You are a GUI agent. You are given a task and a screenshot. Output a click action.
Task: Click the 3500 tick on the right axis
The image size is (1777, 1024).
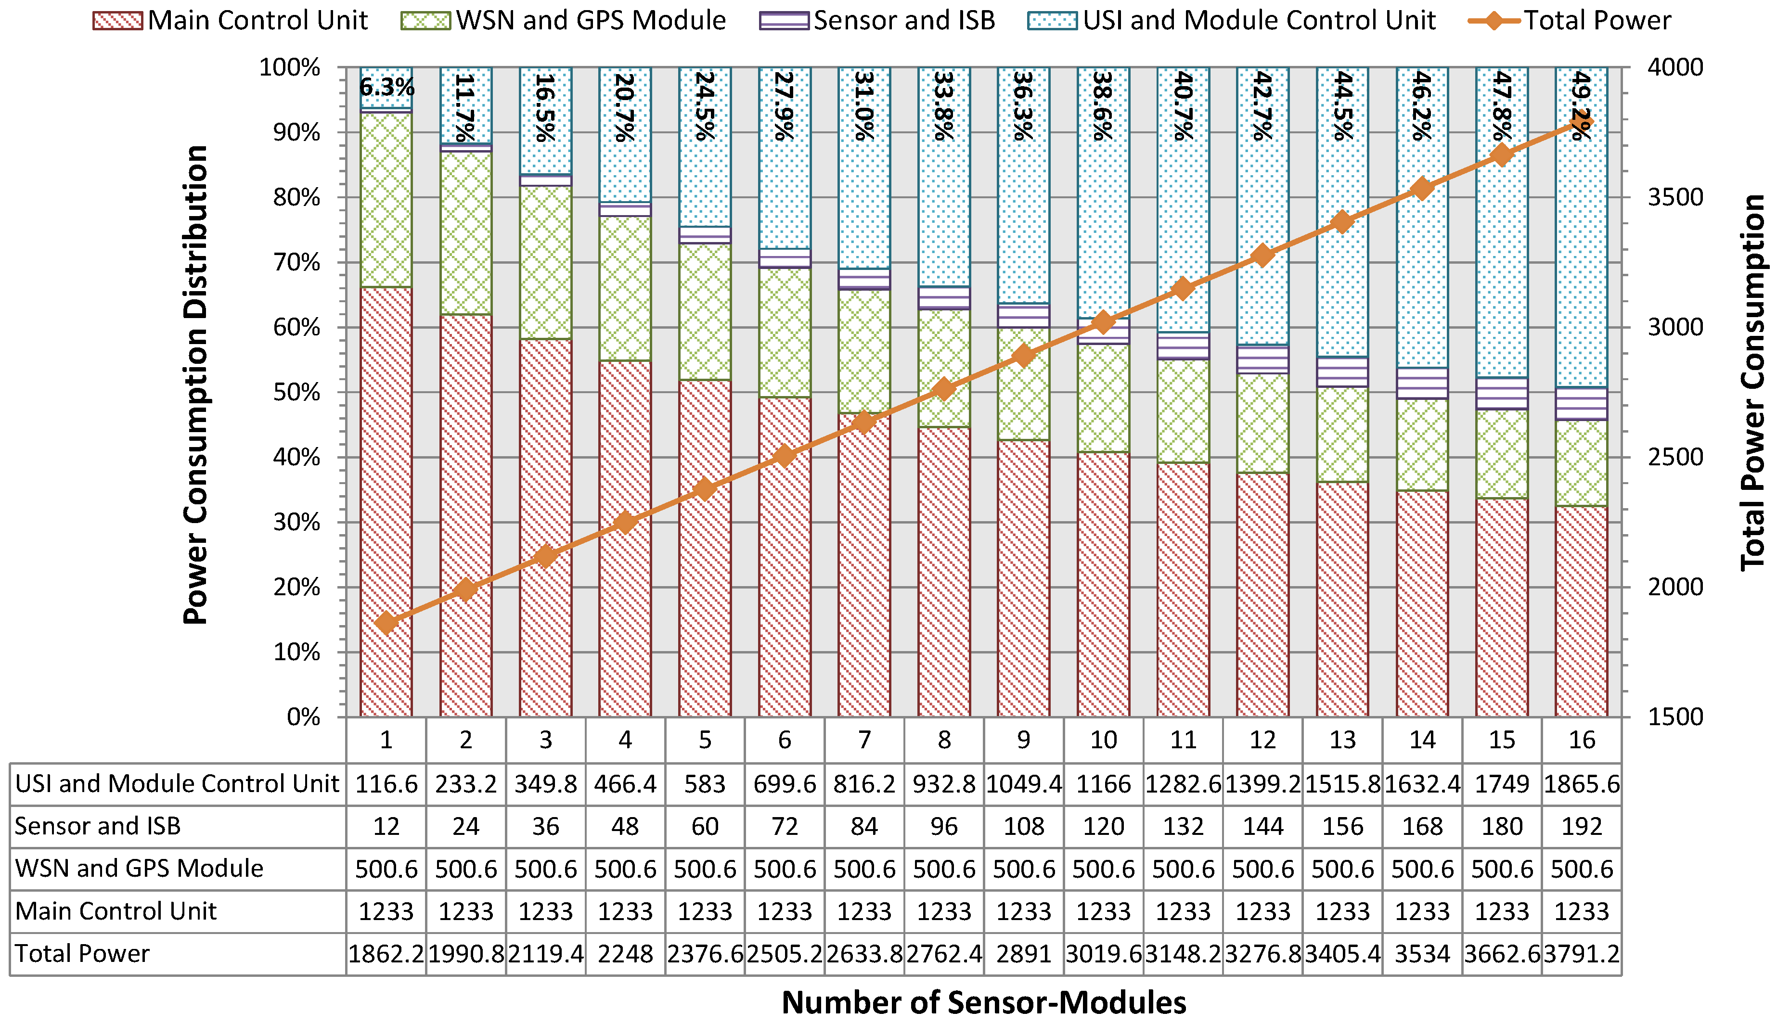(1675, 198)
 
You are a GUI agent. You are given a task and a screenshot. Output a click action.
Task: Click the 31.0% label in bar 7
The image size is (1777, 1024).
(864, 105)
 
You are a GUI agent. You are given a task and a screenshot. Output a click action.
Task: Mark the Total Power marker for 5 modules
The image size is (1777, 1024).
(705, 489)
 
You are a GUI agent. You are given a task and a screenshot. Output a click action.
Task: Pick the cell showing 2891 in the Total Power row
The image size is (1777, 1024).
(1024, 954)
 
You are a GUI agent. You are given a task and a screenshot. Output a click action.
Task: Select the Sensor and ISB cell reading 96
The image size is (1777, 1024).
(943, 826)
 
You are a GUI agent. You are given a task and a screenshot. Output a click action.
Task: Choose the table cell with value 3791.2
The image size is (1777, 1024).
(1582, 954)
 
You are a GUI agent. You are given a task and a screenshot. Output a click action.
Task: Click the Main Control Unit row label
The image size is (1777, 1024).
(116, 911)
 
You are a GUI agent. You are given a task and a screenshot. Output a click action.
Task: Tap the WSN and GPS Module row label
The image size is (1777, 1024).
(139, 869)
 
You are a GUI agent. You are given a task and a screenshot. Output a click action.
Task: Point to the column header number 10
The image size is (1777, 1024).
(1103, 740)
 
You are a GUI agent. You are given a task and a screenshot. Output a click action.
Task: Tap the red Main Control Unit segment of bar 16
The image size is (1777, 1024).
(1582, 612)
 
